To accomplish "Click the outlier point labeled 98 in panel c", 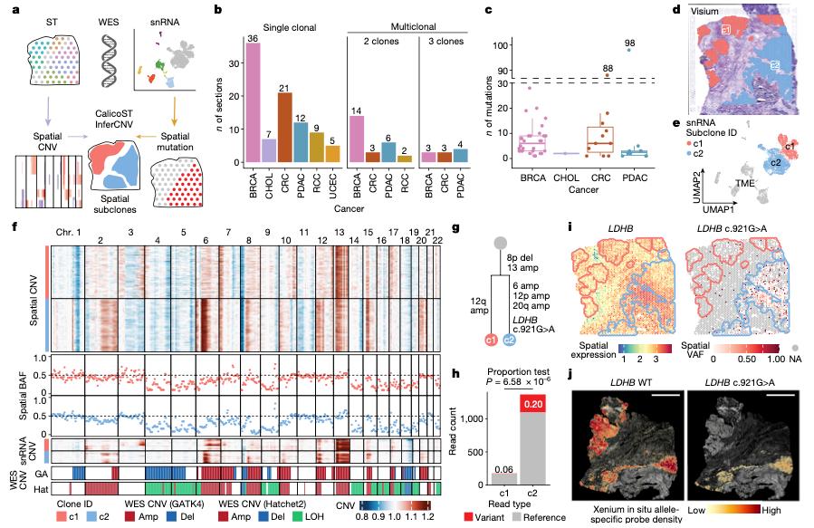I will coord(630,51).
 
